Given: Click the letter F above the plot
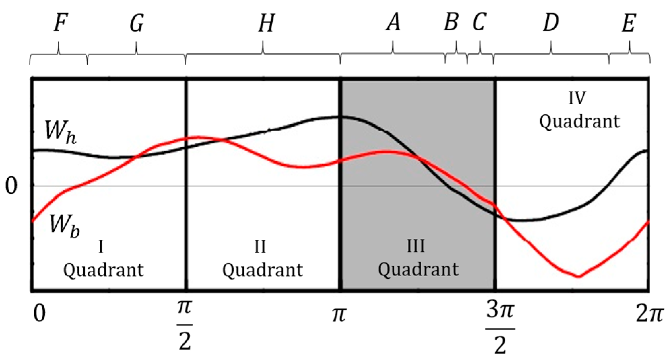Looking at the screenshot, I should [x=60, y=23].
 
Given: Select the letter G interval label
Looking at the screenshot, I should [x=137, y=23].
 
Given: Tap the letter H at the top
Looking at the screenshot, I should [x=266, y=23].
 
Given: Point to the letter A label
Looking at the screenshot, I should [x=393, y=23].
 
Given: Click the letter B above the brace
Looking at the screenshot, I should [x=451, y=22].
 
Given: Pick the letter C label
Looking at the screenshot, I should [x=479, y=23].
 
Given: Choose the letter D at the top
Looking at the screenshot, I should [x=551, y=23].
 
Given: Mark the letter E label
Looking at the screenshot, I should [x=628, y=23].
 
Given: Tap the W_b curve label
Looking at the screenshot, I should [x=64, y=225].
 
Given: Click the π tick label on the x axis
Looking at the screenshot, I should [x=339, y=315].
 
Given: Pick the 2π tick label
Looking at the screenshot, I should [x=649, y=315].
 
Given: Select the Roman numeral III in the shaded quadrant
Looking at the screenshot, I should [x=416, y=246].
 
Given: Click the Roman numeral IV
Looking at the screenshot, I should [x=577, y=98].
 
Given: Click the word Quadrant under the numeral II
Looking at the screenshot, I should [x=263, y=270].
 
